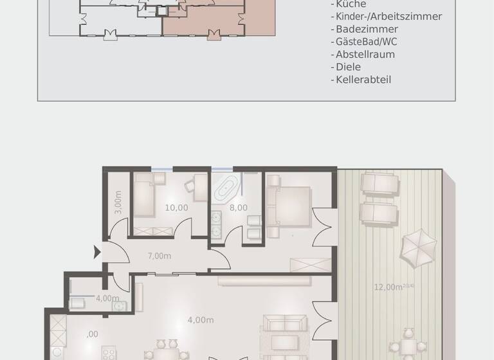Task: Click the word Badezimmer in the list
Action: pos(367,29)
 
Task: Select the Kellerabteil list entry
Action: pos(363,80)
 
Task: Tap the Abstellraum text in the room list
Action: pos(365,55)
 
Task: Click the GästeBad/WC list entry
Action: pos(365,42)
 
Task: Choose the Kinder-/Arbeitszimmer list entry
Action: pos(389,17)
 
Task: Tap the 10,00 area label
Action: pos(176,208)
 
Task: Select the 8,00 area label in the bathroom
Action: pos(238,208)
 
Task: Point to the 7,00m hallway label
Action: pos(160,255)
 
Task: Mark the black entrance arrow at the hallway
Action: pos(97,252)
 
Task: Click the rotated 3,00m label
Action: pos(118,203)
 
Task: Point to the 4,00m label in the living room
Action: pos(200,319)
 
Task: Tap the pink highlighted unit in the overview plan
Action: pos(219,19)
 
